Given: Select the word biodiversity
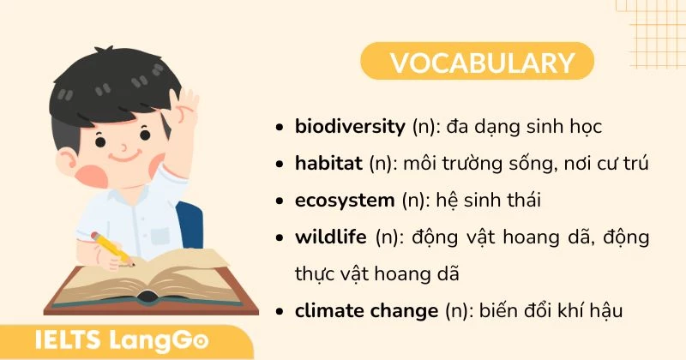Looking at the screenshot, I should (349, 127).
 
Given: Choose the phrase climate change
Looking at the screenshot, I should (366, 310).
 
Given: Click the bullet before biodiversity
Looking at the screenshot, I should (280, 128).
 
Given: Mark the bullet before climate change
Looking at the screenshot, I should (280, 310).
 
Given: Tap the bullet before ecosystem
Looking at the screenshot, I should (280, 201).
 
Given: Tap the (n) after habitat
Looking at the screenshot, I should (379, 163).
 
